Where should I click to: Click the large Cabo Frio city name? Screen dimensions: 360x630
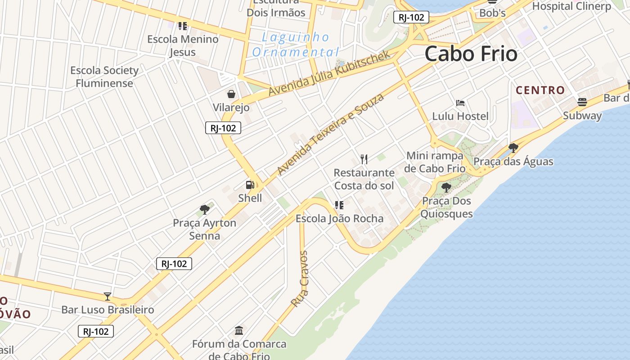click(471, 54)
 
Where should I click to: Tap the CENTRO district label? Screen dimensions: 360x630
click(540, 90)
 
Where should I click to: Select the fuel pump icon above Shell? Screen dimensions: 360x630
click(250, 184)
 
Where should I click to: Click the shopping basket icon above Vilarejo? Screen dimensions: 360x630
click(231, 94)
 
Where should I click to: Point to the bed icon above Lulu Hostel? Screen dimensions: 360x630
click(460, 103)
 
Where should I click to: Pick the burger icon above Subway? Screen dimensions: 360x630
click(582, 102)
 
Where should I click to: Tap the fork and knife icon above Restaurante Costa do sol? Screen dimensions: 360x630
click(364, 159)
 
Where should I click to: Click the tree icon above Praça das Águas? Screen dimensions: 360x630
click(513, 148)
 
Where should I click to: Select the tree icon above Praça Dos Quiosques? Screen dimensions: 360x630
click(446, 187)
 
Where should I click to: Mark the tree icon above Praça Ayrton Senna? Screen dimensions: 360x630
click(205, 209)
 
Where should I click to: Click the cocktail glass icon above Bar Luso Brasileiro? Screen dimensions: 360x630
click(108, 296)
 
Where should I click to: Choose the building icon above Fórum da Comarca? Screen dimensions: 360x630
click(239, 331)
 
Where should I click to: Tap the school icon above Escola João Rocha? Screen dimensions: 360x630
click(339, 205)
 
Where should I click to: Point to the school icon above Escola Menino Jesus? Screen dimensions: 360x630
click(183, 26)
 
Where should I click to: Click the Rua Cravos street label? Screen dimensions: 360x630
click(299, 279)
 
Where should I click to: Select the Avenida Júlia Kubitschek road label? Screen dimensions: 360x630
click(329, 73)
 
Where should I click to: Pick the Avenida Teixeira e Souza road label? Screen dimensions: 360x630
click(331, 134)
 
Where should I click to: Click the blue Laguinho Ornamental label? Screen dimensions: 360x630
click(296, 44)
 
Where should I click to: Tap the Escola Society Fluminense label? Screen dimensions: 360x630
click(104, 76)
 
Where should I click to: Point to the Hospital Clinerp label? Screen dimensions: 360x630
click(571, 6)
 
